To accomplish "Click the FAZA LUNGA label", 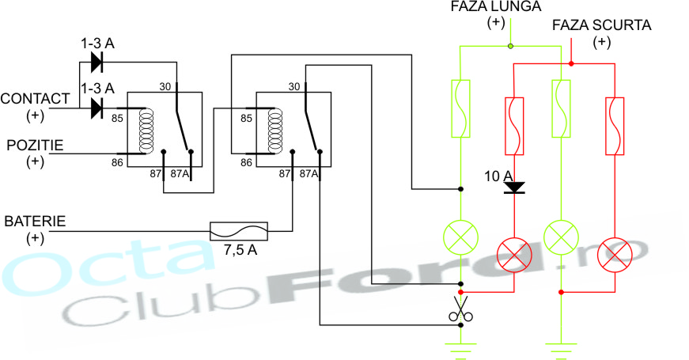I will point(496,7).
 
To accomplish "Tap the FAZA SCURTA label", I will point(602,25).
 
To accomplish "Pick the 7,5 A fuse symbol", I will point(238,231).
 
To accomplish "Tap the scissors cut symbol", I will point(460,310).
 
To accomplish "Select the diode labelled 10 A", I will point(515,188).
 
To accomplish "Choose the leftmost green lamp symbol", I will point(460,236).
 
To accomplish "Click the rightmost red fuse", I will point(614,126).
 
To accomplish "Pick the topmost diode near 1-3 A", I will point(98,61).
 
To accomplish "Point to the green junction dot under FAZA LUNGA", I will point(511,46).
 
